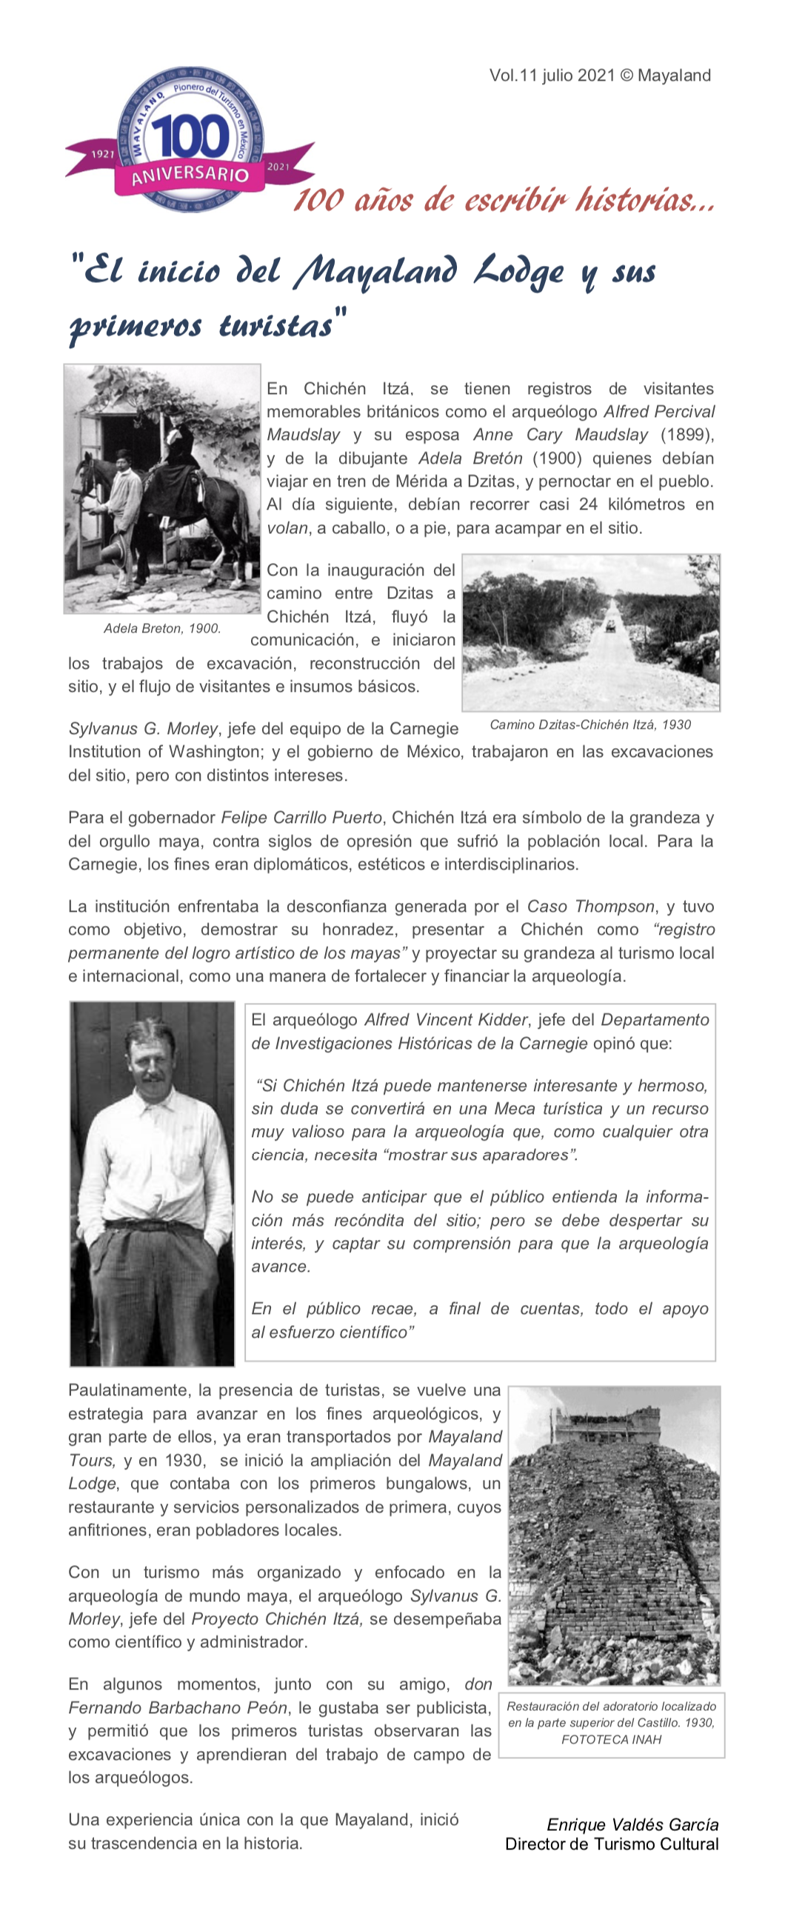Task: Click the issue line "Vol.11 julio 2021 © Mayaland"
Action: coord(600,76)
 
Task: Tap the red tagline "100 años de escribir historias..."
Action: coord(504,200)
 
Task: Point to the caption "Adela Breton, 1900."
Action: coord(162,629)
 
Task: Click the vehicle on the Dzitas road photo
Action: coord(609,625)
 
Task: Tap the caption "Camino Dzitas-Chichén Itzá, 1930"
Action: coord(590,724)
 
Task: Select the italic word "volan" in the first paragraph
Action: coord(287,528)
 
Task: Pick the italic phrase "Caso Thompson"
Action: coord(590,907)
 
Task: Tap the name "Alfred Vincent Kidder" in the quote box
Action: coord(444,1020)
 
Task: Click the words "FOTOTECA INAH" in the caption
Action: coord(611,1740)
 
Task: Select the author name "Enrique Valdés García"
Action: coord(632,1824)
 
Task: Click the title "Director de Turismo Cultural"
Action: coord(612,1844)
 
